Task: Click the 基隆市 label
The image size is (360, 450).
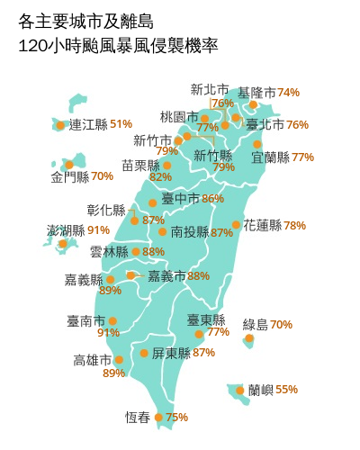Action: pos(256,93)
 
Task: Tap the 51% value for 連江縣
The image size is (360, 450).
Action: pos(121,124)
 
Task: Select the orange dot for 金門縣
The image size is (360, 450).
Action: pos(68,165)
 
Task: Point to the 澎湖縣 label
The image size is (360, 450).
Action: pos(66,230)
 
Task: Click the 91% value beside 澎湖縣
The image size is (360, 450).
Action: pos(99,230)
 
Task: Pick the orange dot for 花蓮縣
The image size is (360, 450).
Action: pos(236,225)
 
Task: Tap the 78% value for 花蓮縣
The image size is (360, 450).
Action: pos(294,226)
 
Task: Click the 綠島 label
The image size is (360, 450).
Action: pos(256,324)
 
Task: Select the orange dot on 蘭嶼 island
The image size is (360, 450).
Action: pos(240,391)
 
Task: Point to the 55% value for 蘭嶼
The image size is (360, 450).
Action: pos(286,390)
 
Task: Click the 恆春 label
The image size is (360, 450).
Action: pos(138,418)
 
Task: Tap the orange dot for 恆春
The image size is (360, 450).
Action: pos(158,418)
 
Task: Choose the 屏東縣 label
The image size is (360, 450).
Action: pos(170,353)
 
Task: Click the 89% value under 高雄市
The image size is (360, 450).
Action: pos(114,373)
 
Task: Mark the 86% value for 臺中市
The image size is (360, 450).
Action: pos(213,199)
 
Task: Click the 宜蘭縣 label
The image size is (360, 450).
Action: pos(270,157)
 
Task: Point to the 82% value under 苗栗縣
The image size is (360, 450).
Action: pos(161,177)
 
